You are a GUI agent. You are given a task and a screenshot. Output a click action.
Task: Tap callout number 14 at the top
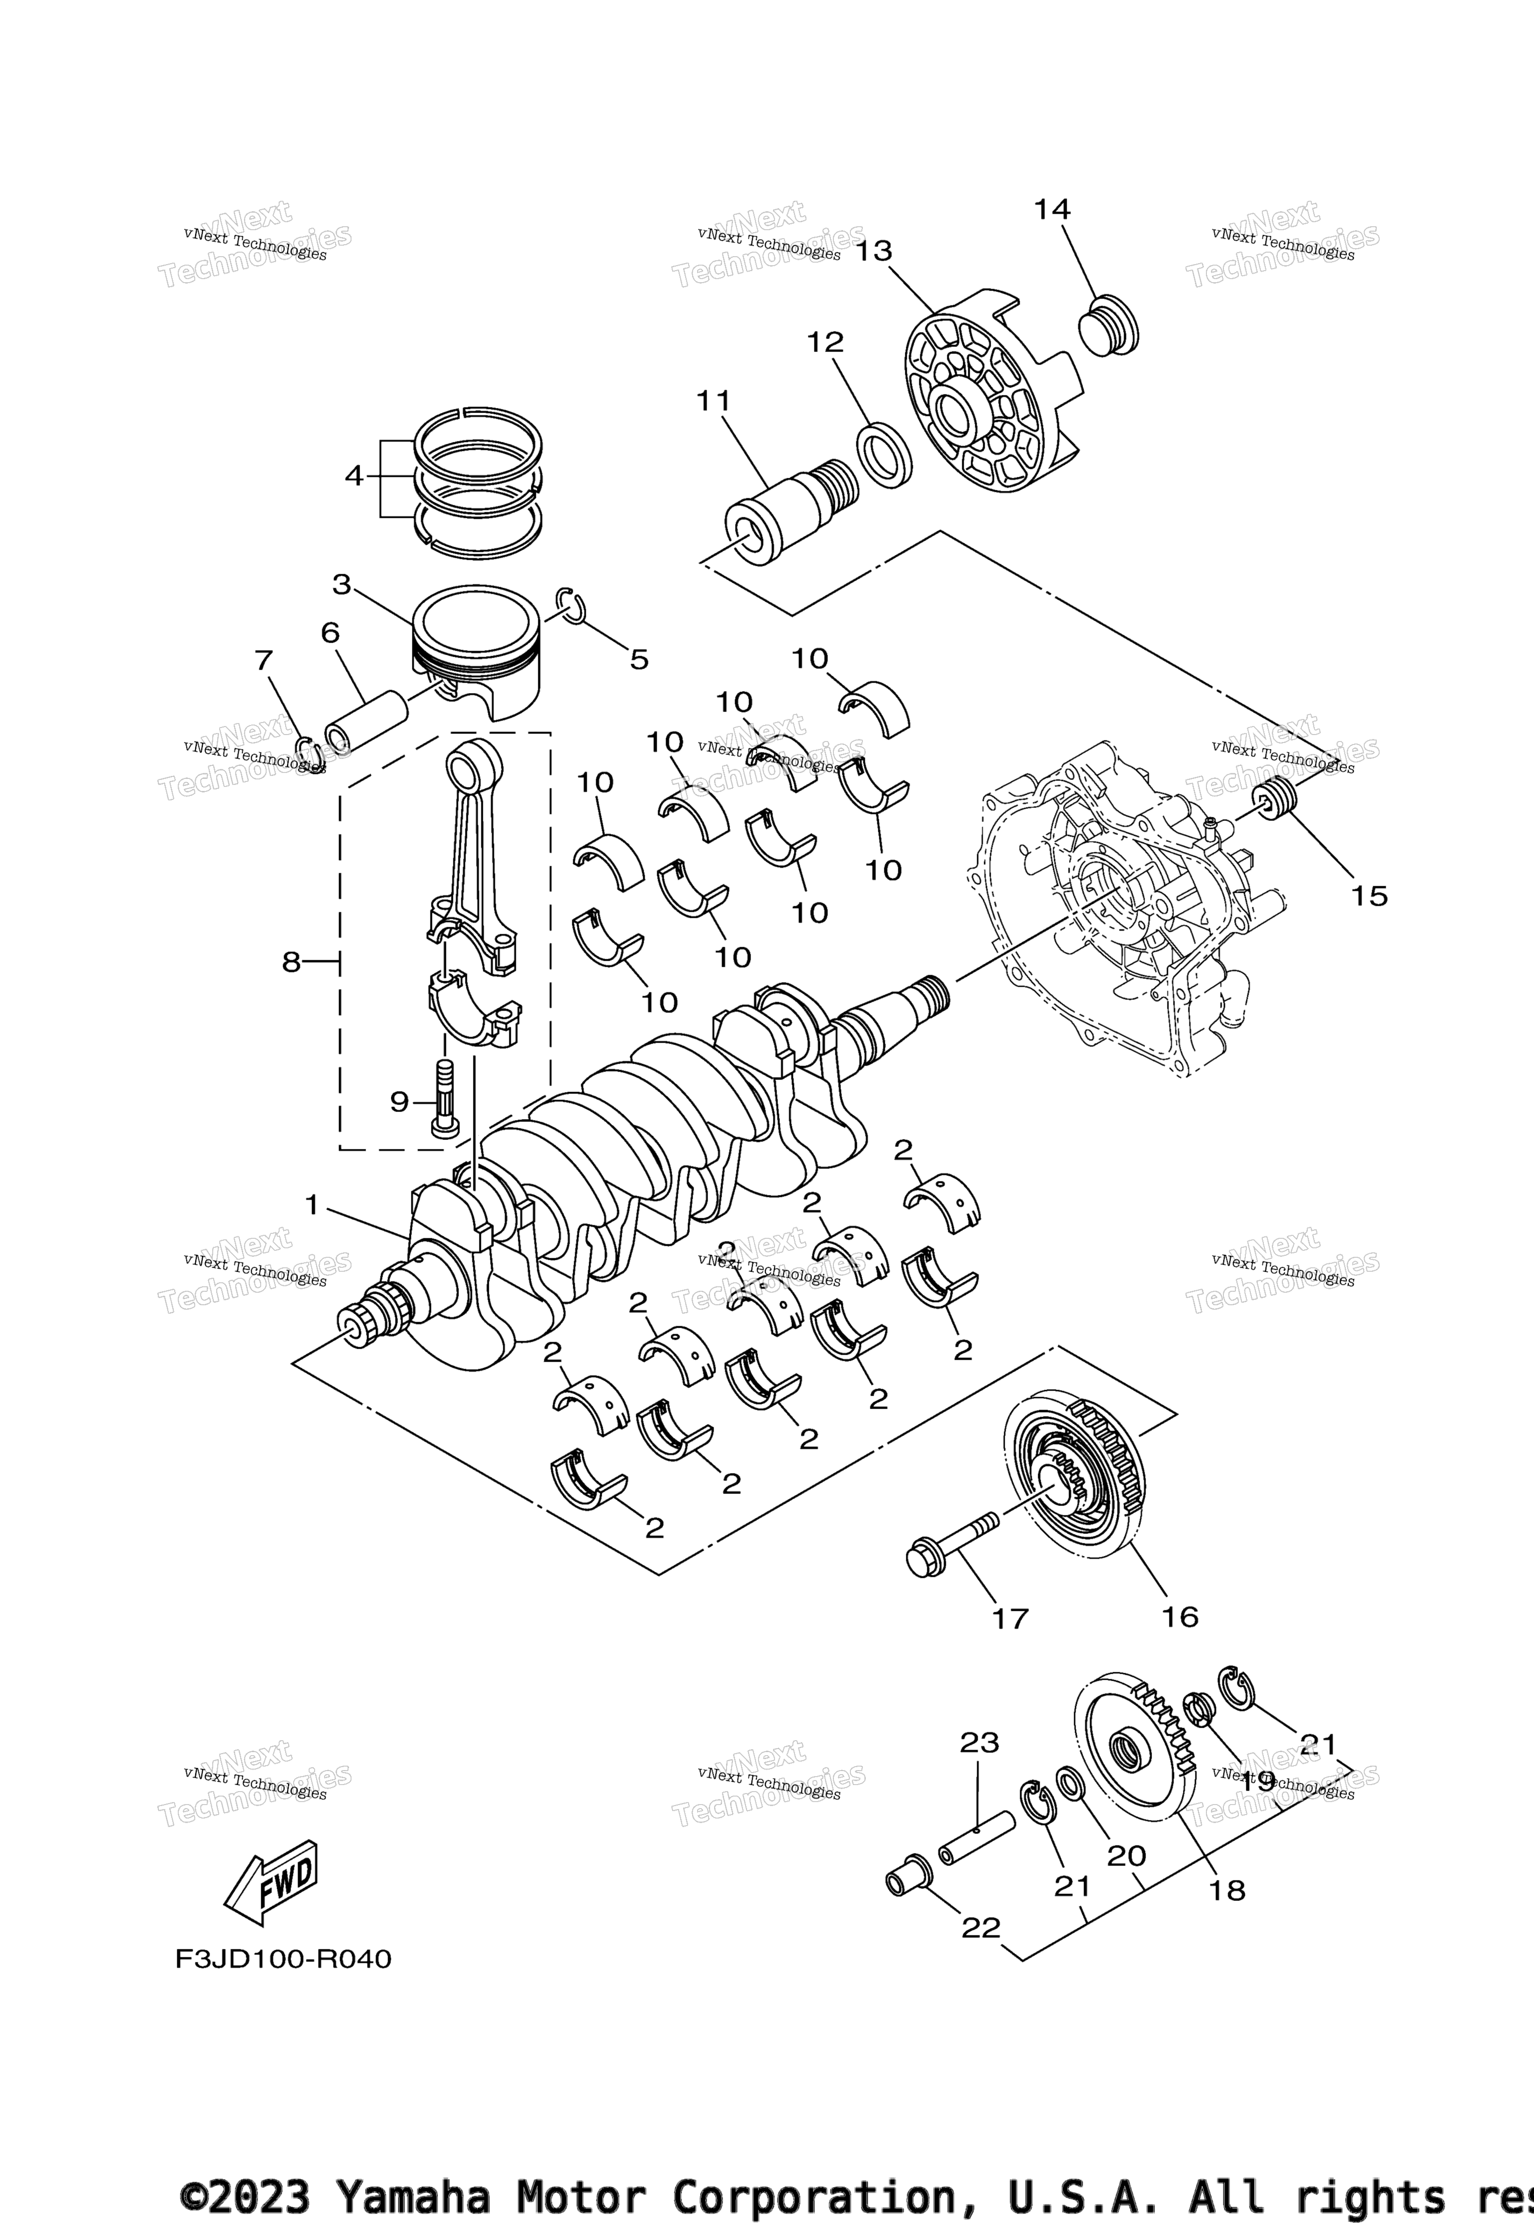1052,210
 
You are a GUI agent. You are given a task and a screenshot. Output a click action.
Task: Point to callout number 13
874,252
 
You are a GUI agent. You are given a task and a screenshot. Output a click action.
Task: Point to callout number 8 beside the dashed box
291,962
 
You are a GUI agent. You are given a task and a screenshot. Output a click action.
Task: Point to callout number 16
1179,1618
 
